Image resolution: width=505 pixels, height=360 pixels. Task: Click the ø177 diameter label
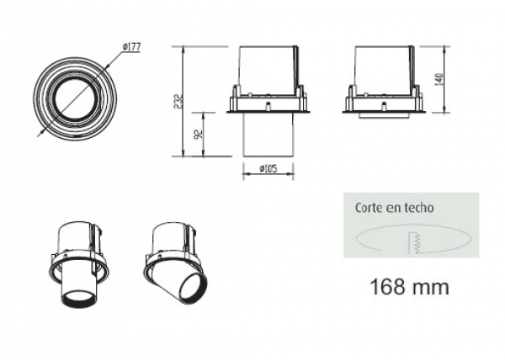click(131, 47)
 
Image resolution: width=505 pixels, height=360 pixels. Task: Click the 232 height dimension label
click(178, 102)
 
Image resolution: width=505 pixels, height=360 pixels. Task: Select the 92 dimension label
click(199, 134)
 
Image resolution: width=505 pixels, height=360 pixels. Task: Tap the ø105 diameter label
click(268, 168)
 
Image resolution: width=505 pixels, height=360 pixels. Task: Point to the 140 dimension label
click(439, 79)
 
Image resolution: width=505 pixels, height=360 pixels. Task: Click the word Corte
click(368, 208)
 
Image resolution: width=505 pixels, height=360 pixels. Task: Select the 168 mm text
click(409, 286)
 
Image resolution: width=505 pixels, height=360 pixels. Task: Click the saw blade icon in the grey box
click(417, 242)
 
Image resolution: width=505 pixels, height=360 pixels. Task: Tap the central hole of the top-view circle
click(75, 98)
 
